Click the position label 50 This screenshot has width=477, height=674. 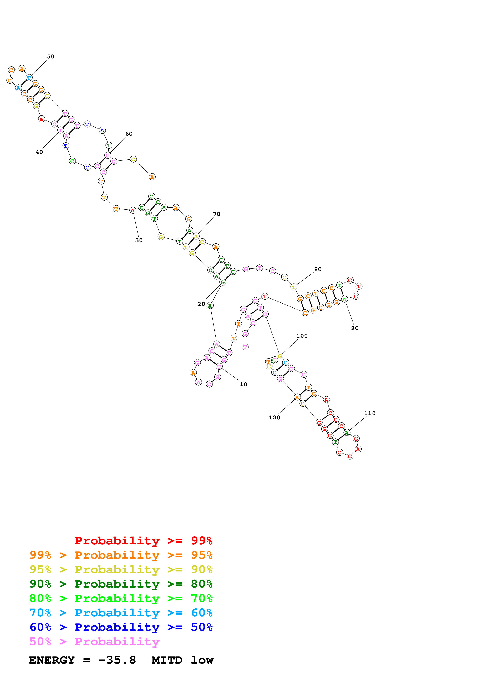tap(51, 57)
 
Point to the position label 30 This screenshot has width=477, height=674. tap(139, 240)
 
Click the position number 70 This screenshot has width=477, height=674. tap(217, 214)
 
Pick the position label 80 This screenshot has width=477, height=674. tap(318, 269)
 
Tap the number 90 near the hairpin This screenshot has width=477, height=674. tap(355, 328)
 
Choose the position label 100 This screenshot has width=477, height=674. tap(302, 335)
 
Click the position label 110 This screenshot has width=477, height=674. tap(370, 413)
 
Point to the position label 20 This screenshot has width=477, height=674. tap(201, 304)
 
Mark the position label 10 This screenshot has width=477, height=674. tap(243, 384)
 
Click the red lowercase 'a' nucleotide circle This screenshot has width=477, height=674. tap(41, 119)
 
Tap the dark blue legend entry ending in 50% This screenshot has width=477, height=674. tap(121, 627)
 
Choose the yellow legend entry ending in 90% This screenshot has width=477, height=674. tap(121, 569)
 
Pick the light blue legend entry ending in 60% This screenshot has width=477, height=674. tap(121, 613)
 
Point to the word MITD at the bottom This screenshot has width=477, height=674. tap(167, 660)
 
